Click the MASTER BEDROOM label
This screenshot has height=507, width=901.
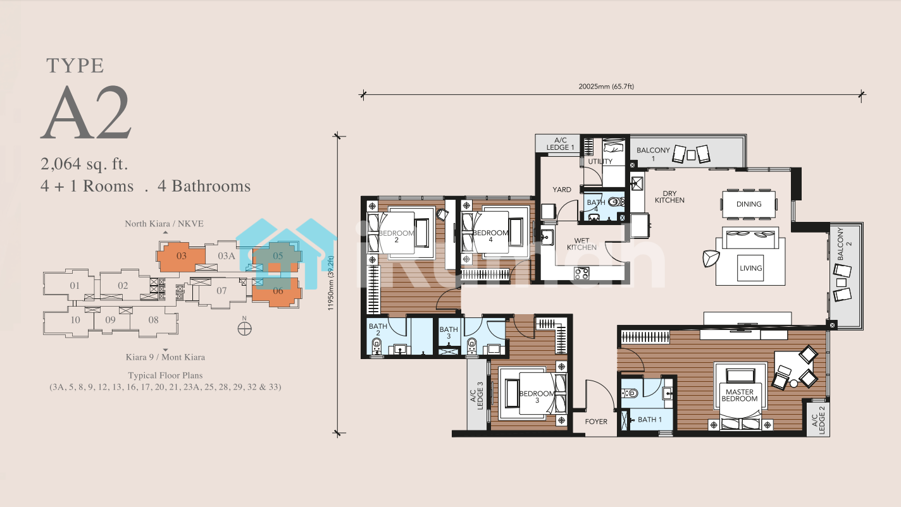pos(739,395)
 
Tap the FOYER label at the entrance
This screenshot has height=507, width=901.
pos(596,422)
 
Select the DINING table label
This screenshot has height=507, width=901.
pos(749,204)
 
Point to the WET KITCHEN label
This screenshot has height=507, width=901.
pos(581,244)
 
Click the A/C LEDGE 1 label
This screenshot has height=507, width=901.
pos(561,144)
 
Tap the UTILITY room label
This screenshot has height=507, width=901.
pos(600,161)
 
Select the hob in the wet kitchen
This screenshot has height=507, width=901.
pos(581,273)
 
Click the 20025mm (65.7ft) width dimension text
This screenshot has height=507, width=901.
pos(606,87)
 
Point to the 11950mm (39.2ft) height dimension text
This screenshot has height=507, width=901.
pos(331,283)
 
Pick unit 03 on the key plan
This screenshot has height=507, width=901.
pos(182,256)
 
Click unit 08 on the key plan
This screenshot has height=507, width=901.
pos(153,320)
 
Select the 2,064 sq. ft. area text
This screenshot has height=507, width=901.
pos(84,164)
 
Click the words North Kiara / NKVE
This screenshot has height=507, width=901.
pos(164,224)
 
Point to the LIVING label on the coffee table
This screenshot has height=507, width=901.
pos(750,268)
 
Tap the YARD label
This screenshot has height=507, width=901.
pos(561,190)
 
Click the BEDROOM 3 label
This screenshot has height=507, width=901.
pos(537,397)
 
